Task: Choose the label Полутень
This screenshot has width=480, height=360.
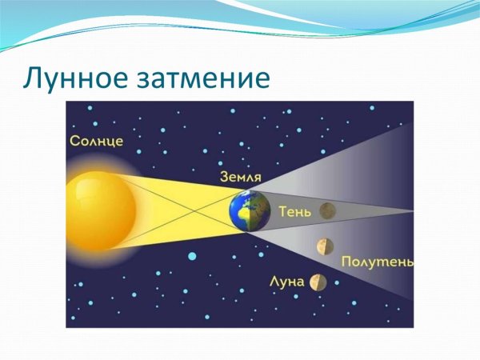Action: pos(377,262)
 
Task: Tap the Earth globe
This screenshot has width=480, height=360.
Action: pos(249,210)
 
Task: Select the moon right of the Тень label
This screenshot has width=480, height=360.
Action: pos(326,211)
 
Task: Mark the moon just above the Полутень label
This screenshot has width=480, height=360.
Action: pos(324,245)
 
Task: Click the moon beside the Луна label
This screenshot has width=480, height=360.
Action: pos(319,282)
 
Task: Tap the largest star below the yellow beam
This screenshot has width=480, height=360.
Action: pos(192,256)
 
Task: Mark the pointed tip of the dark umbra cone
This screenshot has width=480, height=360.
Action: pos(412,211)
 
